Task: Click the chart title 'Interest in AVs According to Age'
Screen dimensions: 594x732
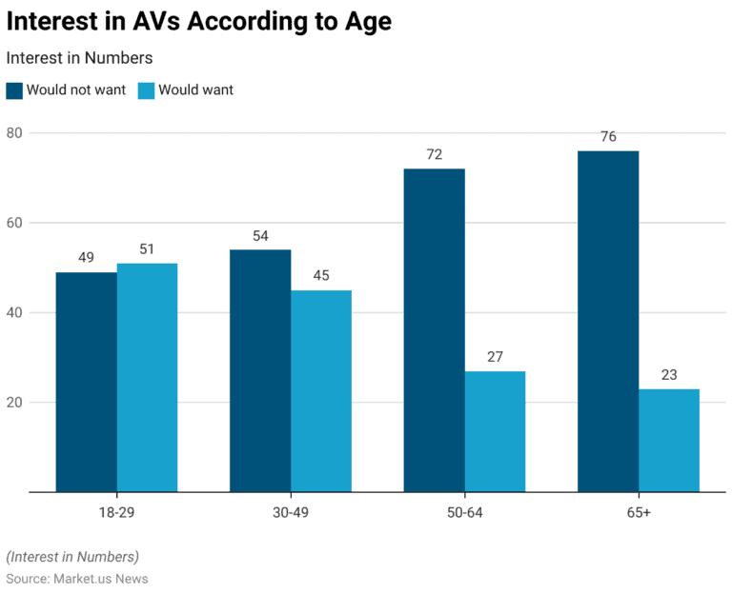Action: pos(198,22)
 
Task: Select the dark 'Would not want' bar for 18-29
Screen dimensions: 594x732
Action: pos(87,382)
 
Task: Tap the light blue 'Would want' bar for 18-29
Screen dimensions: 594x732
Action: pos(147,377)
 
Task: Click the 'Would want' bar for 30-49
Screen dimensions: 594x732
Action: pos(321,390)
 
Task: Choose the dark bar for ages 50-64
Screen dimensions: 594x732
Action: pos(435,330)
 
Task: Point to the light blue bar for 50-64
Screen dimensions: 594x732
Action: pos(495,431)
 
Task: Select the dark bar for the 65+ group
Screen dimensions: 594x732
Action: pos(608,321)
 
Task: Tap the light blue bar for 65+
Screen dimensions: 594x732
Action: pos(669,440)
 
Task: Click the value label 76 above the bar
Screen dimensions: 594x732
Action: pos(608,137)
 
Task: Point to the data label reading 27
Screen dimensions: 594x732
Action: pos(495,357)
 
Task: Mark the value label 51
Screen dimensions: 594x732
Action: pos(147,249)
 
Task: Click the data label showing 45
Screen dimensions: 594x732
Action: pos(321,276)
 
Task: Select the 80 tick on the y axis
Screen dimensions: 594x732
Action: pos(14,132)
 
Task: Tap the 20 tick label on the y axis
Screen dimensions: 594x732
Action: pos(14,402)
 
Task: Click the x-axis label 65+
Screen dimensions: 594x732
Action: pos(639,513)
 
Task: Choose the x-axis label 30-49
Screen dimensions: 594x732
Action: pos(291,513)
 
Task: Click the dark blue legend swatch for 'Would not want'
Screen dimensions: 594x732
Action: pos(14,90)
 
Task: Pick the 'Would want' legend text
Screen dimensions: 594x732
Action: pos(195,90)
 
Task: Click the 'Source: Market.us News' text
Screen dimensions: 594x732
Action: pos(77,579)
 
